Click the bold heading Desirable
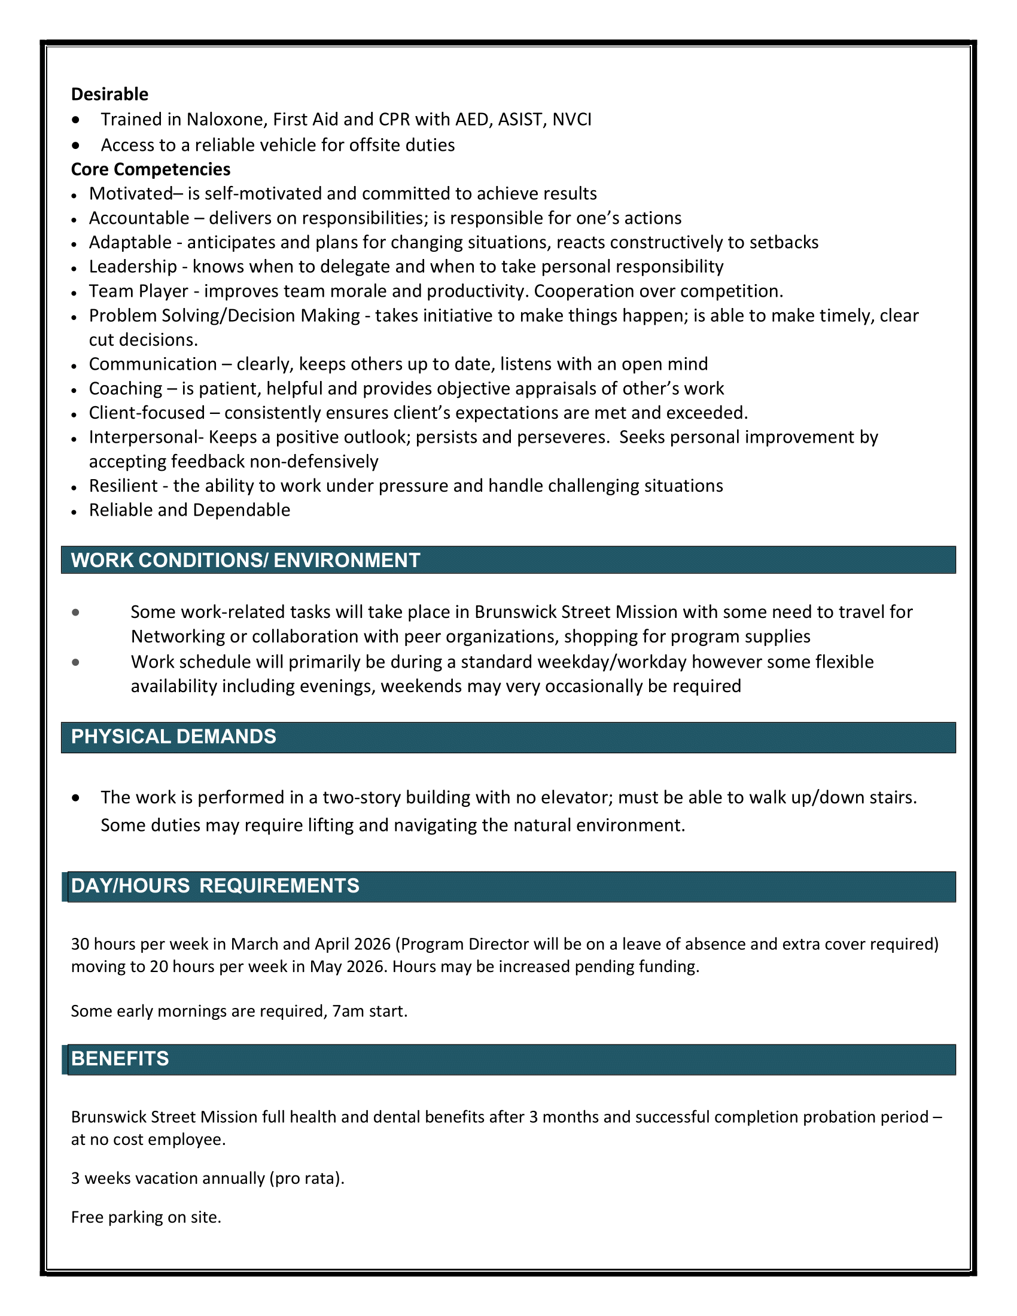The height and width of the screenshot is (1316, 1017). pos(109,94)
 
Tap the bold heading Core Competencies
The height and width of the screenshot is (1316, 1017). pos(151,169)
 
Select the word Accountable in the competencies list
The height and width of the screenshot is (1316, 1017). pos(139,218)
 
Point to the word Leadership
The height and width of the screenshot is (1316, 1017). pos(133,266)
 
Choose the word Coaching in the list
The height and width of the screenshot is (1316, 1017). pos(125,389)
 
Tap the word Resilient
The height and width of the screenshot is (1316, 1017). pos(123,486)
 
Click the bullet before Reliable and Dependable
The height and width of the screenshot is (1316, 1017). pos(74,512)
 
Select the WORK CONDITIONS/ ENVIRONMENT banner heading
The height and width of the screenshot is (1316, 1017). pos(245,560)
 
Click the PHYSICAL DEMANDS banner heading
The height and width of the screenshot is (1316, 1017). pos(173,736)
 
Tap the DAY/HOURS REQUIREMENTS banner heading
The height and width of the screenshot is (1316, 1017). pos(215,885)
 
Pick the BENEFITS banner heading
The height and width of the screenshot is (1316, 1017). pos(120,1058)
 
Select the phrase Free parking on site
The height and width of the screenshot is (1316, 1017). pos(146,1217)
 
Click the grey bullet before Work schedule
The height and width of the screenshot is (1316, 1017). pos(75,662)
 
